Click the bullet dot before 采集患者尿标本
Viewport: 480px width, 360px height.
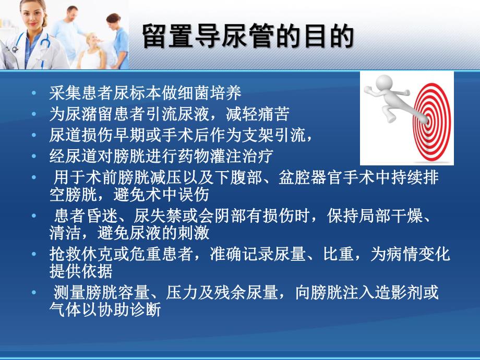[34, 94]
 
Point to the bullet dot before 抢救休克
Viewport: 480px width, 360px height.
[34, 254]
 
